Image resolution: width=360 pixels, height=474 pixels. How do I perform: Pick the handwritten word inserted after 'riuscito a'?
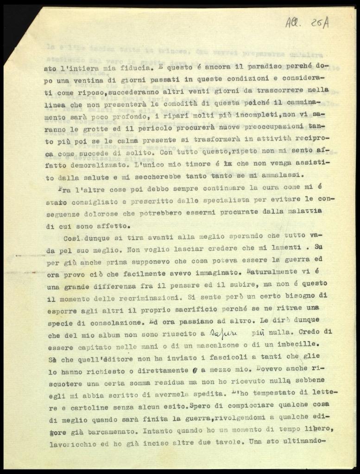223,332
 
